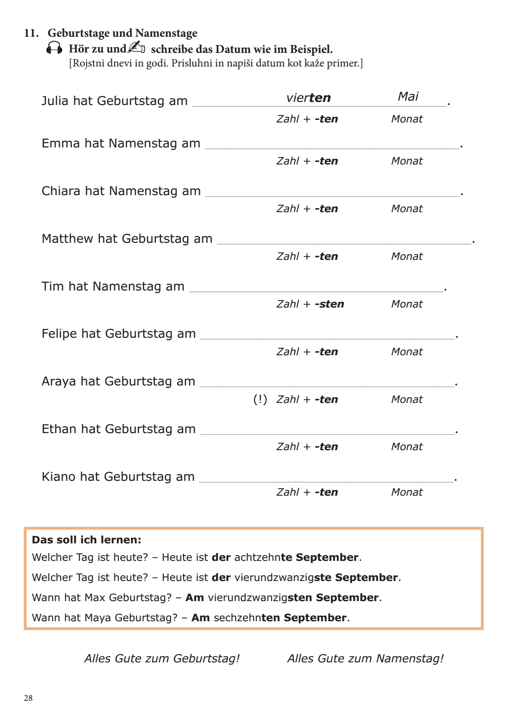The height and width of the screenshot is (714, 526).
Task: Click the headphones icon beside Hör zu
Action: point(54,49)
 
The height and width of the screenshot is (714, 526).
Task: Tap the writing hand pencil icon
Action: point(136,47)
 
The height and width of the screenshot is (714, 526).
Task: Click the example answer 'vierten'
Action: point(308,98)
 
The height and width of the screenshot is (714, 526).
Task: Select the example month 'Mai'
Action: point(408,96)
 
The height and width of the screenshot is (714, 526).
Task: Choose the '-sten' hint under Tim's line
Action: point(329,304)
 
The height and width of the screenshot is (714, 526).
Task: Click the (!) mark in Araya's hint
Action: point(260,399)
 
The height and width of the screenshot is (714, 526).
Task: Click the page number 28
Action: point(28,698)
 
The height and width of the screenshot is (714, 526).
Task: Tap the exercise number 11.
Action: point(31,33)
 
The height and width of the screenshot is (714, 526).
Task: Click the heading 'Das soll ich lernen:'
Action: point(87,540)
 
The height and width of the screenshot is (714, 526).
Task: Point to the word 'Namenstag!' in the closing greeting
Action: point(410,658)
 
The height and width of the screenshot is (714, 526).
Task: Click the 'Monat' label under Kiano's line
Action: point(407,492)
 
